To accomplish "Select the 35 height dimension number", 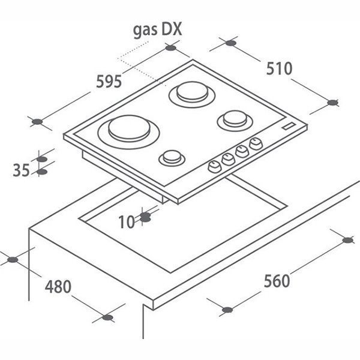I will pos(21,170).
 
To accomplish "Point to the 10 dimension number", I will pos(127,222).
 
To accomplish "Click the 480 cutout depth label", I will pos(58,286).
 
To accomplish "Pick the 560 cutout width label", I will pos(277,280).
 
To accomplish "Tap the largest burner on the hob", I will pos(132,129).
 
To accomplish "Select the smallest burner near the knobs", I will pos(172,158).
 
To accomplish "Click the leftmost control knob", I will pos(214,167).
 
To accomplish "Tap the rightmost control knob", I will pos(256,144).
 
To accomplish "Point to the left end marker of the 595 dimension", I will pos(37,122).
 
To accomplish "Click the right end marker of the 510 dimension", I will pos(333,103).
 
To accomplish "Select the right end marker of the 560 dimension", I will pos(347,240).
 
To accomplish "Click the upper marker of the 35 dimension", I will pos(41,159).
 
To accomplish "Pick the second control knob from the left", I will pos(228,159).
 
